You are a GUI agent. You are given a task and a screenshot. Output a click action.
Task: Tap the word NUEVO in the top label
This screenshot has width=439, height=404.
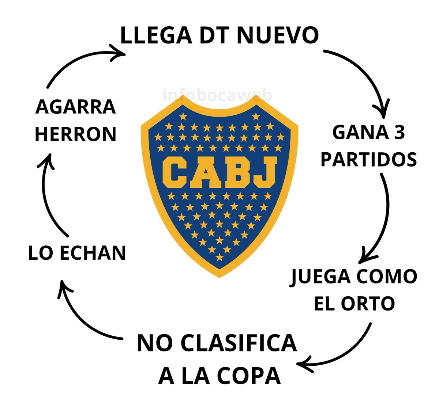278,35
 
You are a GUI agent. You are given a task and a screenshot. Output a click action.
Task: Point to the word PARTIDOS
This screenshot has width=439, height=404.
368,159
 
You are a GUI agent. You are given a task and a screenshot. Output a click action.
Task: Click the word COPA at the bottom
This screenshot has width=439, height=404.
249,376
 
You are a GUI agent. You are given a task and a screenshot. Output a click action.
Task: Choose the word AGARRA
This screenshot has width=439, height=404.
76,107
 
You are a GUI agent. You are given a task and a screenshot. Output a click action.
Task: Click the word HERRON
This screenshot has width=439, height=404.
76,134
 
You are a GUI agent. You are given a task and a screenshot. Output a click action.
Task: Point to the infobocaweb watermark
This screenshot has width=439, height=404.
217,96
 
